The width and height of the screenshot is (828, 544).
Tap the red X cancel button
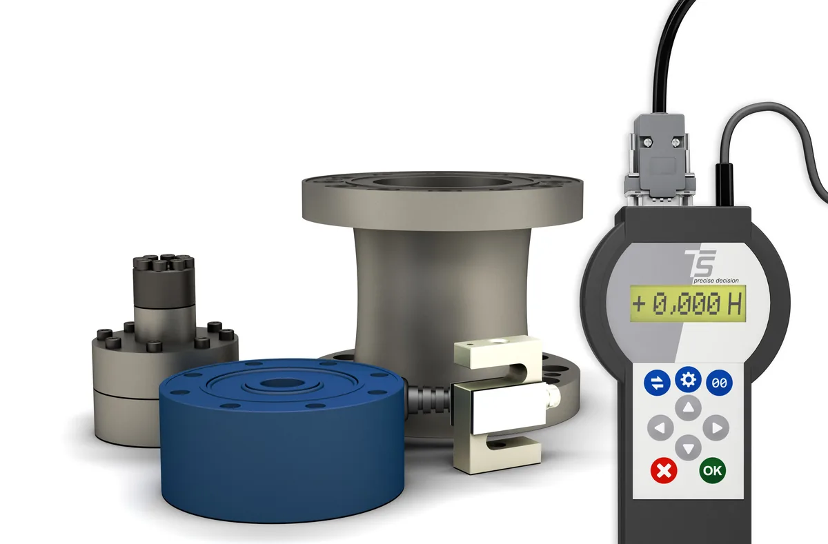(x=664, y=470)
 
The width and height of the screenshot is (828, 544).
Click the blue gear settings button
(x=688, y=379)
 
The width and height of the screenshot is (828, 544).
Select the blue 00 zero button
(x=719, y=383)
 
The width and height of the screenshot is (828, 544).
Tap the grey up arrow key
(x=688, y=407)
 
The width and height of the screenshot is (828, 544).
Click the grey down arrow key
(x=688, y=447)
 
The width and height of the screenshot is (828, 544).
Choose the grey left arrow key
(x=660, y=427)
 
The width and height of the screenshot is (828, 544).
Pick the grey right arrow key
(x=716, y=427)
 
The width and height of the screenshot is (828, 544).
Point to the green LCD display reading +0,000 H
(x=688, y=303)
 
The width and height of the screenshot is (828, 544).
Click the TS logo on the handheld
(x=700, y=263)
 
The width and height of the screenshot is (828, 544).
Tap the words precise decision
(x=716, y=281)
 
